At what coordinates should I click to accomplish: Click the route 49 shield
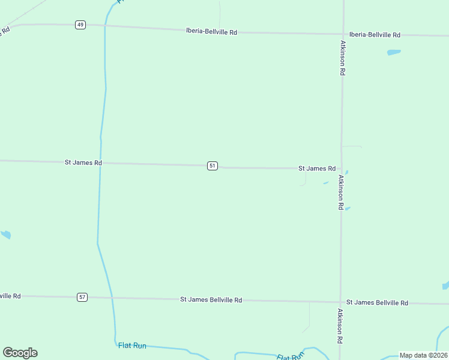(80, 25)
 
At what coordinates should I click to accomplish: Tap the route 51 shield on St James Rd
(212, 166)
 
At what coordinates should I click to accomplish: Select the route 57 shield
(82, 297)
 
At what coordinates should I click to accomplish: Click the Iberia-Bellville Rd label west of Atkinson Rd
(211, 32)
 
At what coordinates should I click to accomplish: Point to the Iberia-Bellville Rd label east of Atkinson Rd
(375, 35)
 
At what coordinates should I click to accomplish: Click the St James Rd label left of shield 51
(83, 163)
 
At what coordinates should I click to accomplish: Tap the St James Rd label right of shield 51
(317, 169)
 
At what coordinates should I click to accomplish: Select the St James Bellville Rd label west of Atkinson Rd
(211, 299)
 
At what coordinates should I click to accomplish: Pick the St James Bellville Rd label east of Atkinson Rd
(377, 302)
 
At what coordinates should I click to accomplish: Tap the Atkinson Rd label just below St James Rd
(340, 192)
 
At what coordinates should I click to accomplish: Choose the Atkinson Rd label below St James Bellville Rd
(340, 326)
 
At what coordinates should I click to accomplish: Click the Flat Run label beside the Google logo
(132, 346)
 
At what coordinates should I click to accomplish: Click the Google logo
(20, 353)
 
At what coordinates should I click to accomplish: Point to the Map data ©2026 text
(424, 355)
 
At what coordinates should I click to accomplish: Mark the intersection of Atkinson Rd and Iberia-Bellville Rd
(343, 34)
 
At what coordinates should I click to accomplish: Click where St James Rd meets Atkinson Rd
(342, 169)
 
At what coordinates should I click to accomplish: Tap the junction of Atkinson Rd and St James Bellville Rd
(340, 302)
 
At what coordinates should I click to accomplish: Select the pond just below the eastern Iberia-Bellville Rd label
(394, 52)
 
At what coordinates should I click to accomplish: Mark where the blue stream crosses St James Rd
(100, 163)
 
